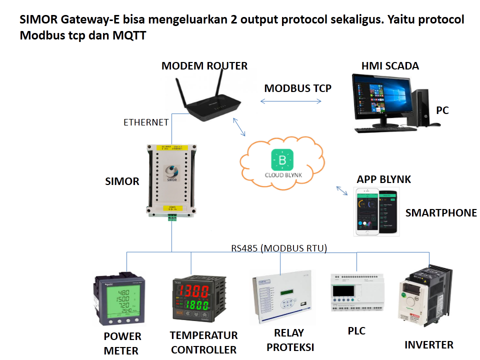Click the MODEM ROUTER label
tap(204, 66)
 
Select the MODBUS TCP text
tap(297, 88)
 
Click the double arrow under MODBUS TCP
tap(291, 101)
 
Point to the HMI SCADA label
tap(390, 66)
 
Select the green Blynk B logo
tap(281, 160)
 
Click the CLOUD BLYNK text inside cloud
tap(282, 175)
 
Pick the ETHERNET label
tap(146, 122)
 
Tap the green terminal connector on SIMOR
tap(172, 217)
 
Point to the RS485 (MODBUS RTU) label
tap(278, 248)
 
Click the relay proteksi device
tap(281, 297)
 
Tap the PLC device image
tap(357, 293)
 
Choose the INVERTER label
tap(428, 344)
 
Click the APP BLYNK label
tap(383, 179)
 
